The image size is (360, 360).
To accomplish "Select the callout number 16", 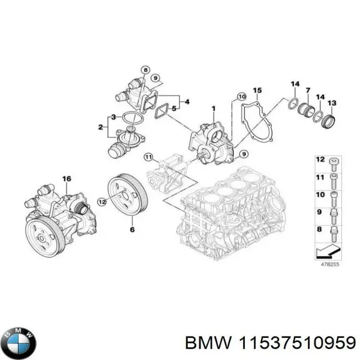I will pyautogui.click(x=67, y=178).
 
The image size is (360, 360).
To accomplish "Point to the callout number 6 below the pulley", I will pyautogui.click(x=133, y=229).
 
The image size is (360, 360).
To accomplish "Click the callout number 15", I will pyautogui.click(x=257, y=91).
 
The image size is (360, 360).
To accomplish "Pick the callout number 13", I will pyautogui.click(x=332, y=103).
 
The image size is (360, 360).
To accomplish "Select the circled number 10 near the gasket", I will pyautogui.click(x=241, y=96).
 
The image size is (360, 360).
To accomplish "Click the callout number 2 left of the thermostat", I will pyautogui.click(x=101, y=127).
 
